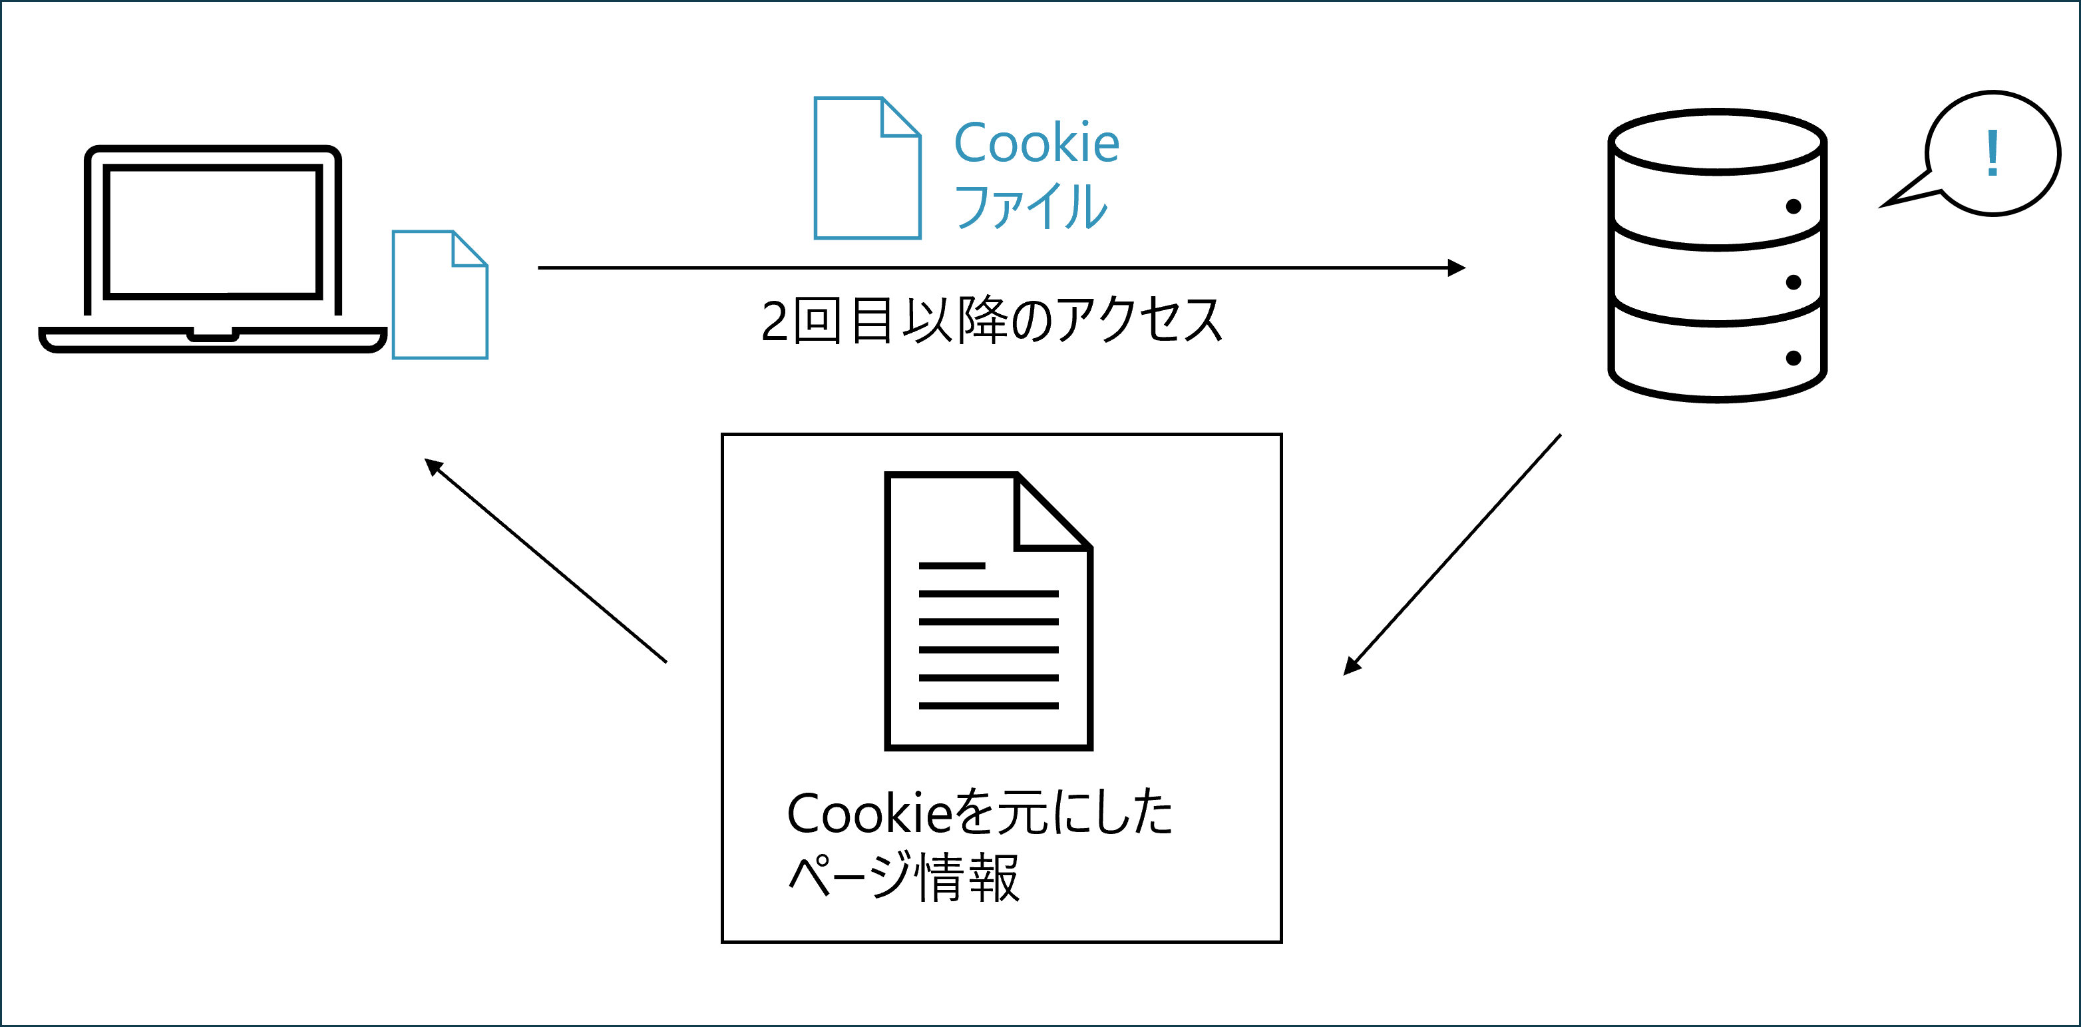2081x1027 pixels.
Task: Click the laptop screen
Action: tap(212, 232)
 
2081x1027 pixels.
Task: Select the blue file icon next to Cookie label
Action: tap(867, 169)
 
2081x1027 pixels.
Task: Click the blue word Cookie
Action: tap(1036, 143)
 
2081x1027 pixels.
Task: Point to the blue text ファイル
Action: tap(1031, 206)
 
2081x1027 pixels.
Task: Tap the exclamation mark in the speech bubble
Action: tap(1993, 154)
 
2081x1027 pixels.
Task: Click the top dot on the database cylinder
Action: tap(1794, 207)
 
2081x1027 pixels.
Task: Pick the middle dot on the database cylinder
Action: tap(1794, 282)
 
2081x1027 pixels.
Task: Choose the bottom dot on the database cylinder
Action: tap(1794, 358)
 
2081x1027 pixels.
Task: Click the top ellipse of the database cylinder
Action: tap(1718, 142)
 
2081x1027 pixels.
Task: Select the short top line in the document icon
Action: tap(952, 566)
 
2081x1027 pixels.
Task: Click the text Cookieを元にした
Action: tap(980, 813)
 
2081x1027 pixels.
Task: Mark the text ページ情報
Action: tap(904, 877)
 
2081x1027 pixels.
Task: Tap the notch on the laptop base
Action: tap(212, 335)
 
